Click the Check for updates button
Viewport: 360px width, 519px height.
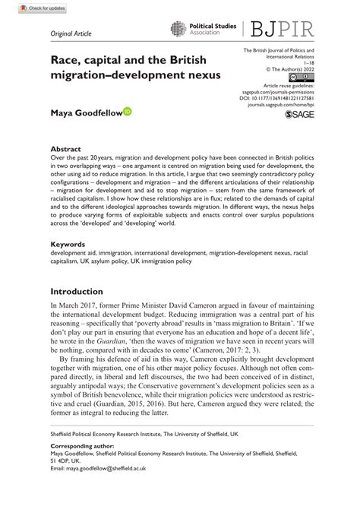27,8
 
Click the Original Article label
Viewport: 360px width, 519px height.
70,34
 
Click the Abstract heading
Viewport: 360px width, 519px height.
65,150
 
